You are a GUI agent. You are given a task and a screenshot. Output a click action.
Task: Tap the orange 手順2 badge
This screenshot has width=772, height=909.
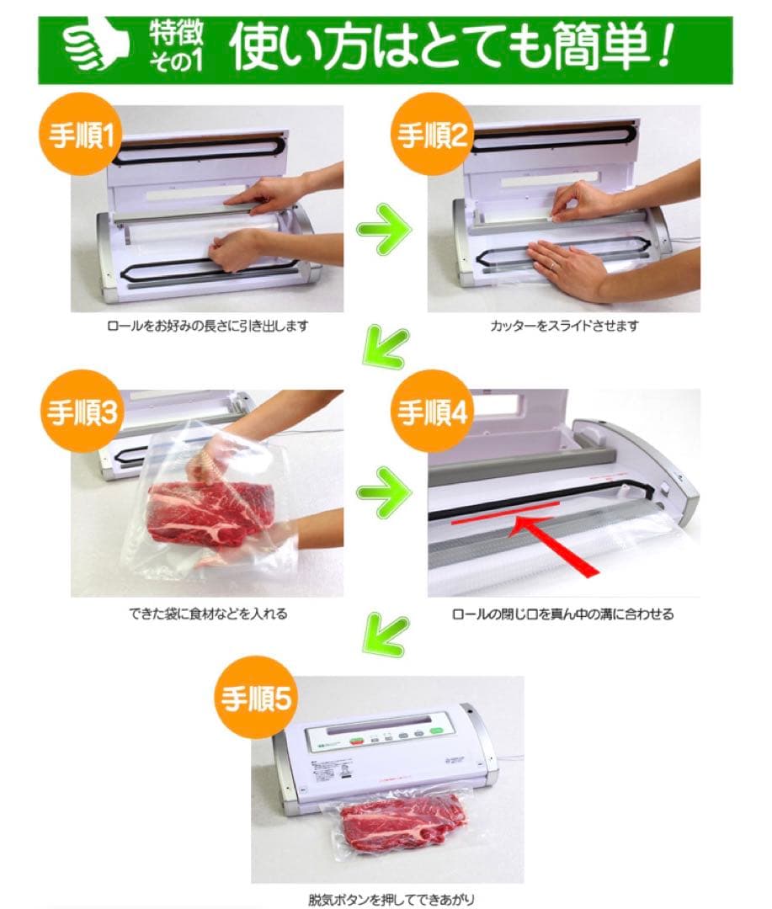click(x=432, y=137)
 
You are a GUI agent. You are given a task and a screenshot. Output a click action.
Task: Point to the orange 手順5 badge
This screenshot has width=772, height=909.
click(x=257, y=699)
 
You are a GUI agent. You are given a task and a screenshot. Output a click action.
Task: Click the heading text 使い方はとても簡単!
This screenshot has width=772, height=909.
click(x=451, y=50)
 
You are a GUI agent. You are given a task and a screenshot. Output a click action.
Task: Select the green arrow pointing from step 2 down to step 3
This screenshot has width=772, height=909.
click(x=384, y=348)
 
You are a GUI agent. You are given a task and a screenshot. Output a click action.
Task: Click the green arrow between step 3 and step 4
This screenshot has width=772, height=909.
click(x=385, y=490)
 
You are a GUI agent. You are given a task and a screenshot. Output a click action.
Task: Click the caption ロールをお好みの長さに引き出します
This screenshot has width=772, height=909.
click(x=206, y=326)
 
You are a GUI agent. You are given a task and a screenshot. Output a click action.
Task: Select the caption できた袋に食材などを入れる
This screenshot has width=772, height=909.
click(x=206, y=614)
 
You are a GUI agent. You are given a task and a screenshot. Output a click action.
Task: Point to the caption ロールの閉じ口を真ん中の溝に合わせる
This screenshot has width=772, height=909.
click(x=562, y=614)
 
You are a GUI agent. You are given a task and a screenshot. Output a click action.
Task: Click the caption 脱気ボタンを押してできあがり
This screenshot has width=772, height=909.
click(x=386, y=898)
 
